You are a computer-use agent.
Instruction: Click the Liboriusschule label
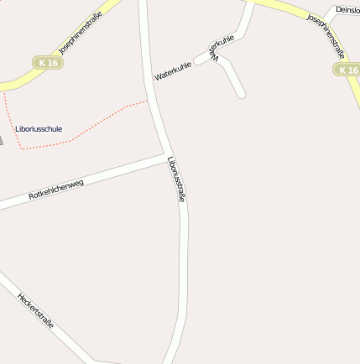(x=39, y=128)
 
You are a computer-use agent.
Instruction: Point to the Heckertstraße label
(x=35, y=309)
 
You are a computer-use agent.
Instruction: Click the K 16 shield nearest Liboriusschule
(x=49, y=63)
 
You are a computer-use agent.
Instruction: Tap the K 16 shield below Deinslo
(x=347, y=70)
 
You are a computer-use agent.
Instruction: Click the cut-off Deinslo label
(x=347, y=10)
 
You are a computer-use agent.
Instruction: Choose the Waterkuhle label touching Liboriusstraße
(x=173, y=71)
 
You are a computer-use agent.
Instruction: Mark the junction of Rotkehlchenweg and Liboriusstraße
(x=167, y=156)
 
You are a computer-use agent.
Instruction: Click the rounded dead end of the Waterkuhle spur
(x=242, y=94)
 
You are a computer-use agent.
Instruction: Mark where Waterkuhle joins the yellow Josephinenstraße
(x=249, y=3)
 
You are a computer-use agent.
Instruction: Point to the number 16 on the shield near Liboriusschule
(x=53, y=63)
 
